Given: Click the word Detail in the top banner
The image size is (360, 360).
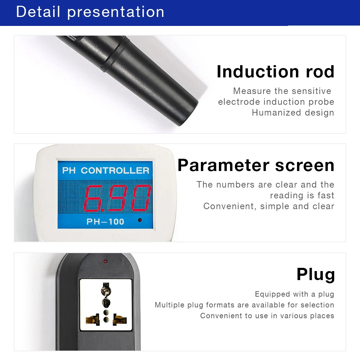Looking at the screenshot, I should (x=38, y=12).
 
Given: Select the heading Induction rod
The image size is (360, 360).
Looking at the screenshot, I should (x=275, y=71).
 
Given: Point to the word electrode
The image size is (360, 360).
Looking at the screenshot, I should (x=239, y=102).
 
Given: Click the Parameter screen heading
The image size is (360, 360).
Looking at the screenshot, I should (x=256, y=165).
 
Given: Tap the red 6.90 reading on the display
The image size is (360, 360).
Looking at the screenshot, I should (x=117, y=198).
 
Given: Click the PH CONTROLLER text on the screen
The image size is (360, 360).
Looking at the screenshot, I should (x=106, y=170).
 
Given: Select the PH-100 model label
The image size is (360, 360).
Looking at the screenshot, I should (x=105, y=221).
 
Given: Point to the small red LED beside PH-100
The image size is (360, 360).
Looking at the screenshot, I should (x=139, y=220).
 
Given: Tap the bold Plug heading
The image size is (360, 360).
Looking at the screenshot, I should (x=315, y=274).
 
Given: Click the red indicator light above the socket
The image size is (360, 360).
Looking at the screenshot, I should (x=105, y=260).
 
